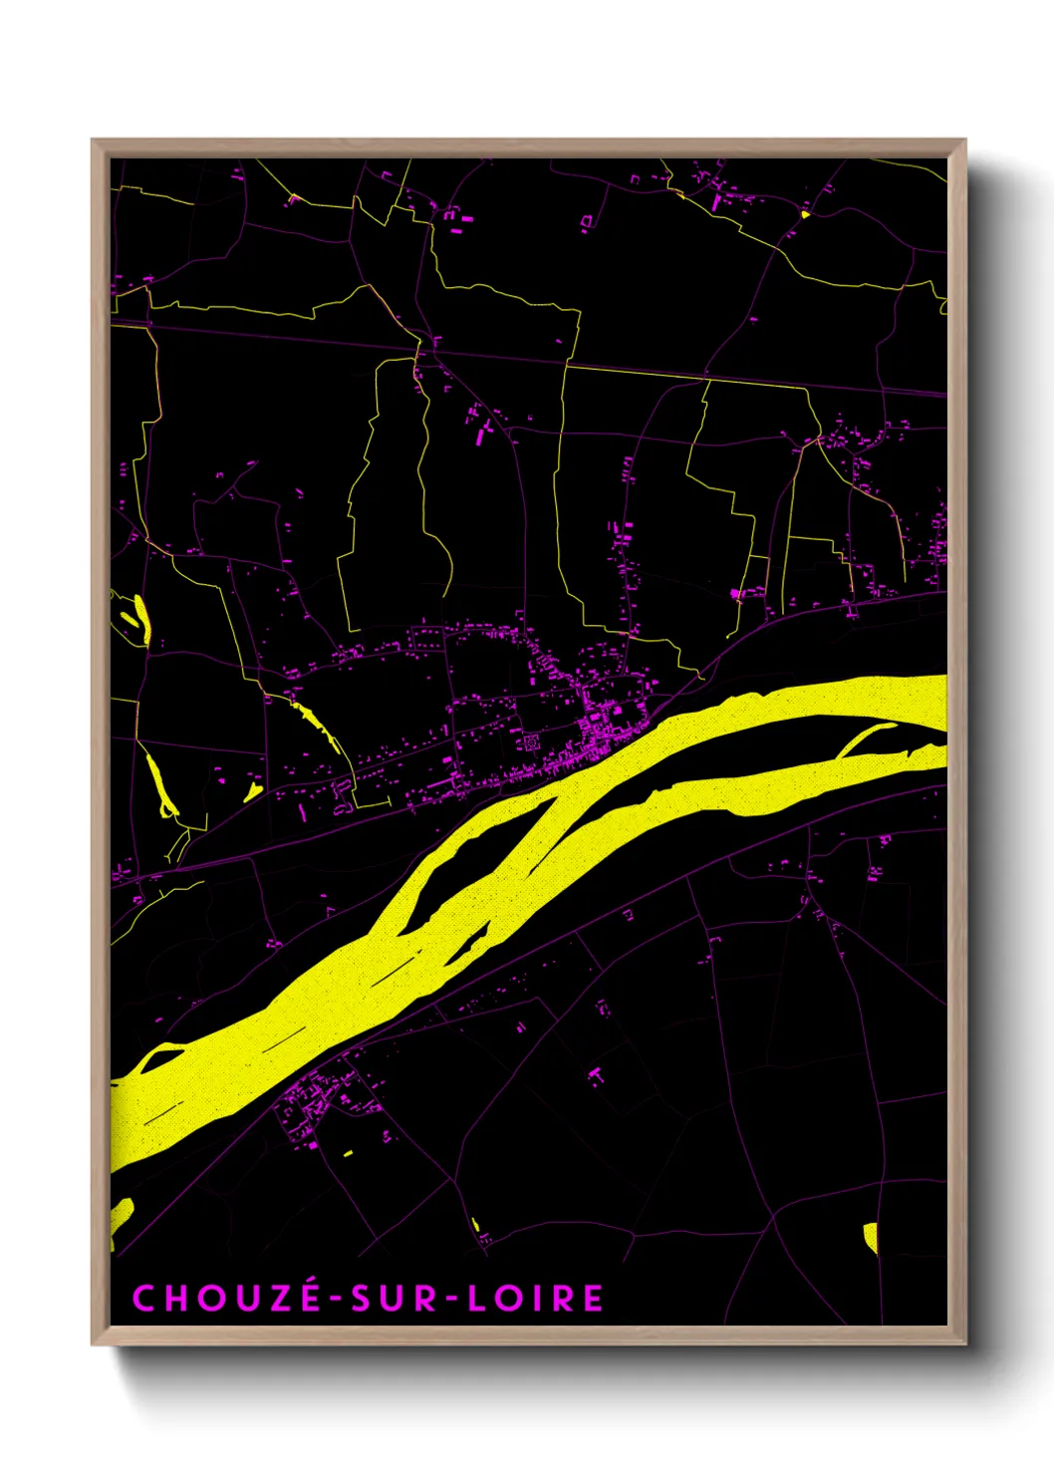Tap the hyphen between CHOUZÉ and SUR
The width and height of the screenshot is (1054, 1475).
point(336,1299)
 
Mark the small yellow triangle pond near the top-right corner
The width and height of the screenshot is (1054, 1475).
point(805,213)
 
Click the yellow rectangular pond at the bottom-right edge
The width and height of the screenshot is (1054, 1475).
point(870,1236)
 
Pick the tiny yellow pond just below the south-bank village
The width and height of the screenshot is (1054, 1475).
point(348,1153)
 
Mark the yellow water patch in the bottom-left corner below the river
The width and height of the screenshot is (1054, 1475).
point(121,1217)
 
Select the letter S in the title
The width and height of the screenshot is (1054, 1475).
point(362,1298)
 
